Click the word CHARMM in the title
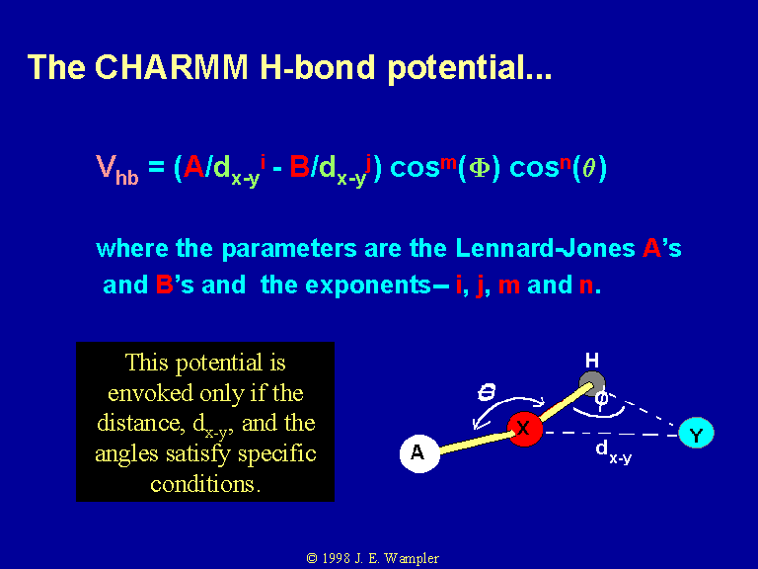171,66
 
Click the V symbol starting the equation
105,166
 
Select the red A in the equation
194,167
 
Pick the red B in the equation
300,167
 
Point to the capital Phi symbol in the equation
479,168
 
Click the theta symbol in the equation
588,168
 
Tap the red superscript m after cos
448,162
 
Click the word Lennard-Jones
545,248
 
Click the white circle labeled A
419,453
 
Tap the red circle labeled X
524,429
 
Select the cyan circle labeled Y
696,433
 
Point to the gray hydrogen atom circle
592,384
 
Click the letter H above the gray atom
592,361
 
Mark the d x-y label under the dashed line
614,450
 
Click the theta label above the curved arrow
487,392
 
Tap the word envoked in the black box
150,393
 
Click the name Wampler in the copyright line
412,559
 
